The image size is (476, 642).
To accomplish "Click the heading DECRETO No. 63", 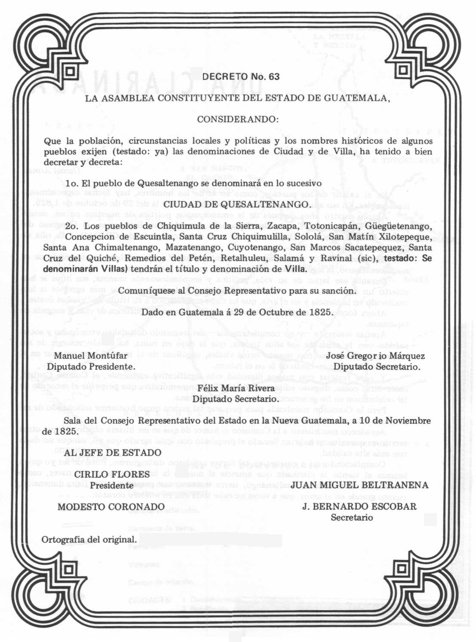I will pos(241,76).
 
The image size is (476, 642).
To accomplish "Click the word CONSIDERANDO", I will pos(237,119).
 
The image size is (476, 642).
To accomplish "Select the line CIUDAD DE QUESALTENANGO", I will pos(237,204).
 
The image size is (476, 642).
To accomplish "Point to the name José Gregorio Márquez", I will pos(375,356).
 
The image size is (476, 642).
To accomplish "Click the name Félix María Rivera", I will pos(236,388).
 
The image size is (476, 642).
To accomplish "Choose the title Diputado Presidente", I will pos(91,367).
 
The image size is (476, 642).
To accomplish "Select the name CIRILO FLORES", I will pos(112,474).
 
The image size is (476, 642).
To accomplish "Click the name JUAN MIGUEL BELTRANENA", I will pos(359,485).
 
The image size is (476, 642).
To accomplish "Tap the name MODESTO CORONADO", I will pos(111,507).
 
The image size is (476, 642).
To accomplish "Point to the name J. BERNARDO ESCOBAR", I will pos(359,507).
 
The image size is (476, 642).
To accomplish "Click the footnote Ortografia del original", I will pos(89,540).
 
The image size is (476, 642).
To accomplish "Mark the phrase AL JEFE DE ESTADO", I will pos(113,452).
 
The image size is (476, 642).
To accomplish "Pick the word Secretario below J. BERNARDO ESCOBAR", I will pos(351,518).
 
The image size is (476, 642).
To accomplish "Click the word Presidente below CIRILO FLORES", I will pos(111,486).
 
